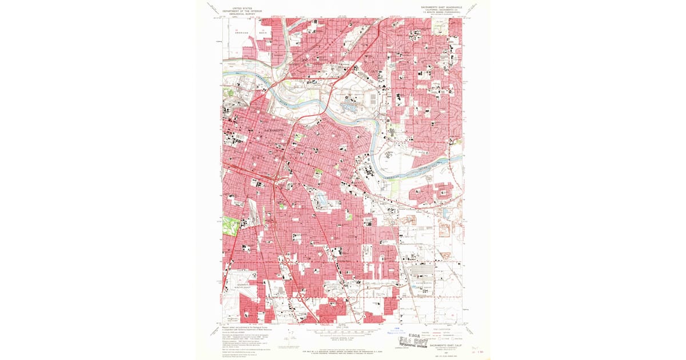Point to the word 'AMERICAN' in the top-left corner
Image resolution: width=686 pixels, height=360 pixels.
pyautogui.click(x=242, y=33)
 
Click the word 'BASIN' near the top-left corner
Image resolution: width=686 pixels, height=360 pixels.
pyautogui.click(x=264, y=33)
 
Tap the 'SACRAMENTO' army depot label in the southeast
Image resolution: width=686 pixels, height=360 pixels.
pyautogui.click(x=424, y=283)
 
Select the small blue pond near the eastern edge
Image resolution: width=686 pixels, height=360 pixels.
pyautogui.click(x=445, y=213)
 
